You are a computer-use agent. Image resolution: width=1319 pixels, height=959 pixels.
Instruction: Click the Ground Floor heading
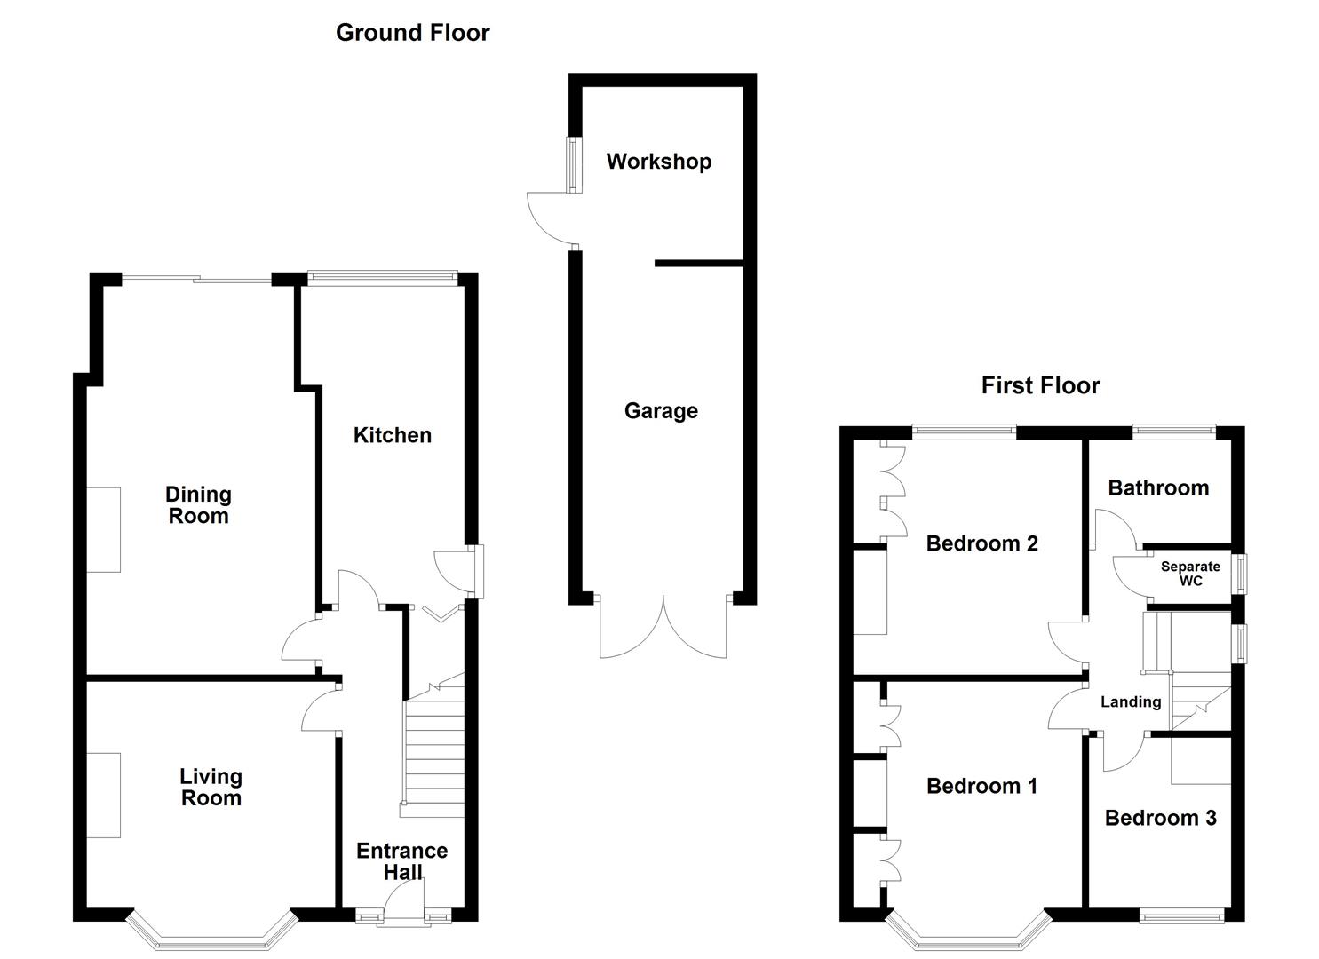(412, 33)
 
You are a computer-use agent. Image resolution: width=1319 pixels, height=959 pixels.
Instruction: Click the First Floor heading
(1040, 385)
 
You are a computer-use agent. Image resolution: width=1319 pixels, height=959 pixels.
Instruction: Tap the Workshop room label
(658, 162)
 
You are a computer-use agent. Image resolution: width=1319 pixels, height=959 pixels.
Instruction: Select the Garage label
(661, 411)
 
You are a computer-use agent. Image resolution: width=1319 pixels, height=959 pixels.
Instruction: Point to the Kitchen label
(392, 435)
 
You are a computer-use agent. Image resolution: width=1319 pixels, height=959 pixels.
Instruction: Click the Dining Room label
(198, 505)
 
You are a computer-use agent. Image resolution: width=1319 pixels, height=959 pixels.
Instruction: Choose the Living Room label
(211, 788)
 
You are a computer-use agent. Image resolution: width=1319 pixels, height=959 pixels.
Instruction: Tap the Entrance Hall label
(401, 861)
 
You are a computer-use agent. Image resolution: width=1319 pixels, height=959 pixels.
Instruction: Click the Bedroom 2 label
(981, 543)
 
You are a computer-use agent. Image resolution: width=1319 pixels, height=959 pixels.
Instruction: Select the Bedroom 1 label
(981, 786)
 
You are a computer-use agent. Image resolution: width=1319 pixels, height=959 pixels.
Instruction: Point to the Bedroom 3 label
(1160, 818)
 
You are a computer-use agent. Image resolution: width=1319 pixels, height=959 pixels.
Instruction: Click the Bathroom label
(1158, 487)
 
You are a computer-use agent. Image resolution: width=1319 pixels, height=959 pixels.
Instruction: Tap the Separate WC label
(1190, 574)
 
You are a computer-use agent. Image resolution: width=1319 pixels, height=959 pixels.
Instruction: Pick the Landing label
(1130, 702)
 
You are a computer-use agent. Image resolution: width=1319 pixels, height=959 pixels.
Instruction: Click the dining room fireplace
(103, 529)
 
